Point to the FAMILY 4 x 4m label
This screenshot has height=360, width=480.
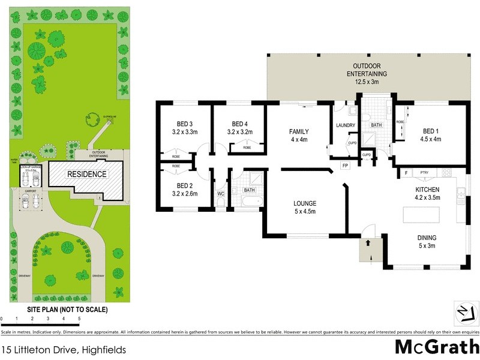(x=298, y=135)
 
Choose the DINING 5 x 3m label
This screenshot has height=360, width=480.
(x=427, y=241)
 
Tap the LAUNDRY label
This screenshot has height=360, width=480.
(x=346, y=125)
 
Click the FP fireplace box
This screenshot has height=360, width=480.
(x=345, y=165)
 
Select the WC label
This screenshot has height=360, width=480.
(x=220, y=194)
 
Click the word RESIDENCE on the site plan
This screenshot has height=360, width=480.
(x=87, y=175)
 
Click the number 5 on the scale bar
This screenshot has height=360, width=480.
(x=79, y=319)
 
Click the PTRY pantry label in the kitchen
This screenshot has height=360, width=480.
(x=424, y=173)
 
